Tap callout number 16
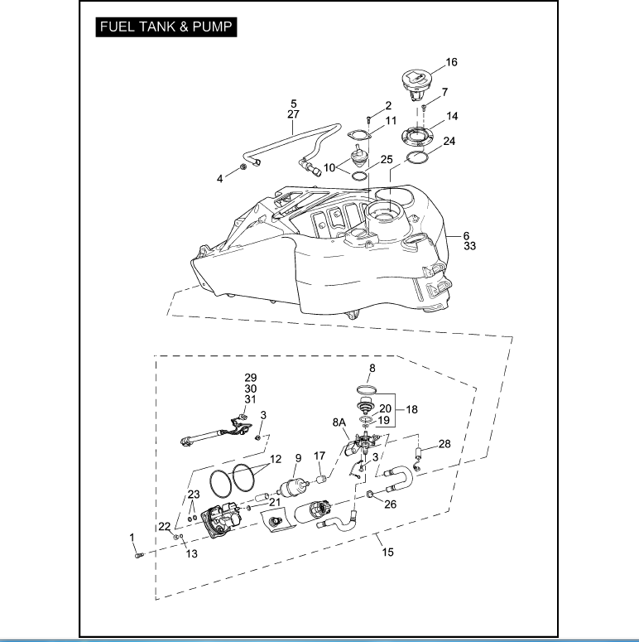(x=451, y=62)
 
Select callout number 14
(x=452, y=116)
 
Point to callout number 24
(x=449, y=141)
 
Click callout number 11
(x=391, y=121)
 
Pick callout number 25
(x=386, y=158)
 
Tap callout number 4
(x=220, y=178)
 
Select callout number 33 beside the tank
(x=469, y=246)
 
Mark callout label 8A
(x=339, y=422)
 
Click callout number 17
(x=319, y=456)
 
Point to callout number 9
(x=297, y=458)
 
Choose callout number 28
(x=444, y=445)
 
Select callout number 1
(x=132, y=538)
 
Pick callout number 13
(x=191, y=553)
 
